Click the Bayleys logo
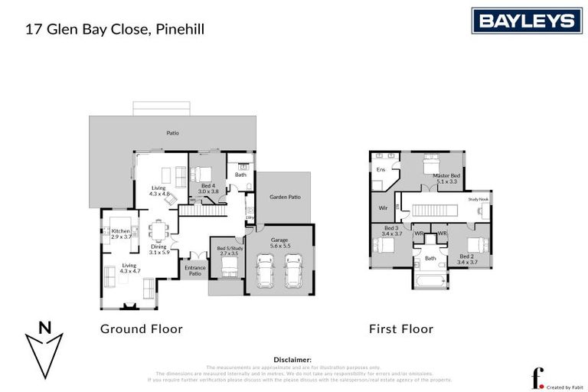click(x=526, y=21)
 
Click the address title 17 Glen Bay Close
click(x=115, y=31)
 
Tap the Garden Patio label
click(x=284, y=197)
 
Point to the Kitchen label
click(x=121, y=231)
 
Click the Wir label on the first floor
click(x=383, y=207)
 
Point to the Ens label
click(x=380, y=169)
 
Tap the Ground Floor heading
click(x=142, y=329)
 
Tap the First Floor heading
click(x=401, y=329)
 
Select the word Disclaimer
click(x=292, y=359)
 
